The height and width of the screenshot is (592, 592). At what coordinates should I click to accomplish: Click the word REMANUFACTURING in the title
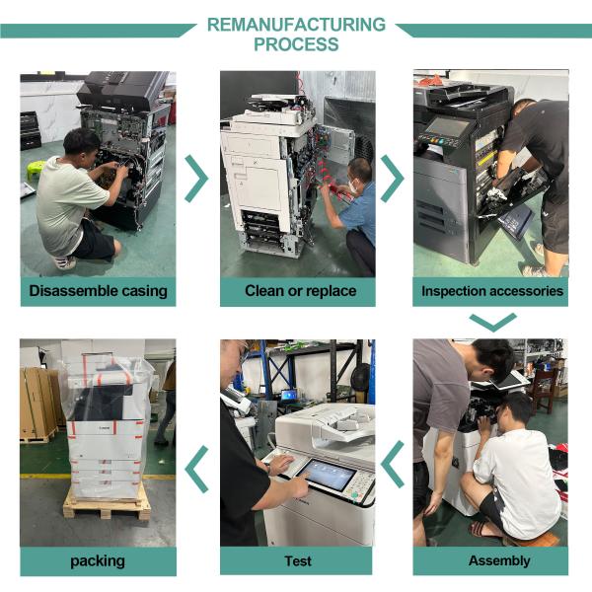pos(296,25)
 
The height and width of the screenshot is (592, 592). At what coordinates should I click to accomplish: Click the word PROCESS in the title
pos(296,44)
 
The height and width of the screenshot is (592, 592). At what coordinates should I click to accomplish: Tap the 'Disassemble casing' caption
pos(98,291)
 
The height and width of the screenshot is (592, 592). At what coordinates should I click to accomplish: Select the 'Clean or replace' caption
pos(301,291)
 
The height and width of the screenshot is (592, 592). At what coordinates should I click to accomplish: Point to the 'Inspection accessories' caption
pos(492,291)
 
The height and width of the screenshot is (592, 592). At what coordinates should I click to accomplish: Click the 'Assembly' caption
pos(499,560)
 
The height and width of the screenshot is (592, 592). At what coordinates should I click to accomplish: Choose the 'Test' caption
pos(298,561)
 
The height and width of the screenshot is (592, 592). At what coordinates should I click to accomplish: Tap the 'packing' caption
pos(98,561)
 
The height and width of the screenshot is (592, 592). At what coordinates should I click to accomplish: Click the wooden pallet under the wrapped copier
pos(107,505)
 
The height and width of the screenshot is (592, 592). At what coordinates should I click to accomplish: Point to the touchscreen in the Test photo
pos(327,475)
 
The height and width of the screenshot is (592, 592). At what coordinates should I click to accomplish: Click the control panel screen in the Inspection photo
pos(447,127)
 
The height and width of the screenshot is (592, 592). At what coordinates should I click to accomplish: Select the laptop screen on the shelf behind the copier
pos(289,396)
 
